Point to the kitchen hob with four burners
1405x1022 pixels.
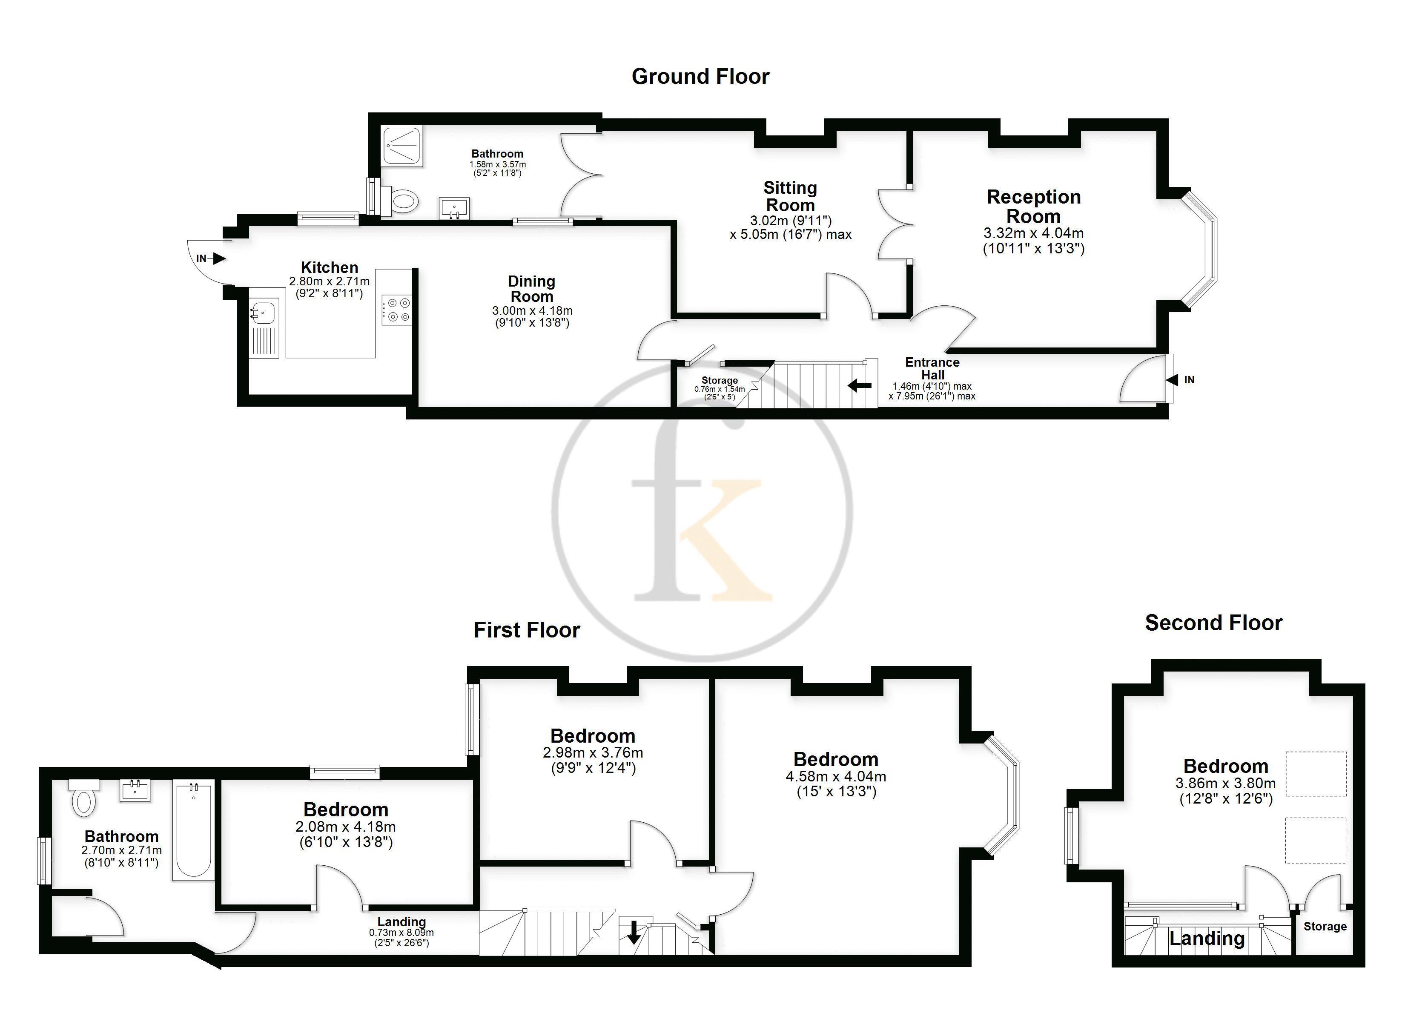396,309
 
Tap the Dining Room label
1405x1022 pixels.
531,289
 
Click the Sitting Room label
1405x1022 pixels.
790,196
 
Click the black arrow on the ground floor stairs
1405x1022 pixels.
859,385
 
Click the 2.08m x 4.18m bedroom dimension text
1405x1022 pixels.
346,826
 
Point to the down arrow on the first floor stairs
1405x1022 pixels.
633,933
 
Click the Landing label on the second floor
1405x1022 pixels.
1207,939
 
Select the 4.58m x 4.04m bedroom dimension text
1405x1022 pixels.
836,776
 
